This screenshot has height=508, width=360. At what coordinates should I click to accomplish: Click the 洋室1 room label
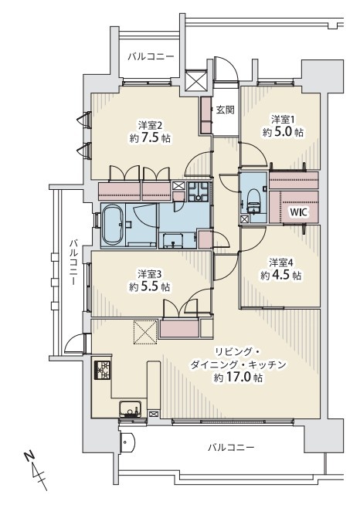click(284, 120)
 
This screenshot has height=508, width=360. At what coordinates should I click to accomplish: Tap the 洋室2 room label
click(150, 125)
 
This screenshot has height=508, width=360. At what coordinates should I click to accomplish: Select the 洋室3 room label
click(150, 274)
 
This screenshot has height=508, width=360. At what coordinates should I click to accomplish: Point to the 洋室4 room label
click(281, 262)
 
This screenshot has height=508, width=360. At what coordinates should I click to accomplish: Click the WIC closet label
click(298, 212)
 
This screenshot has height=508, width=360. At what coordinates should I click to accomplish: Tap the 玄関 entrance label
click(226, 110)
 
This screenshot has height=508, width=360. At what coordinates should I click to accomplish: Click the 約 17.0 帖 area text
click(238, 378)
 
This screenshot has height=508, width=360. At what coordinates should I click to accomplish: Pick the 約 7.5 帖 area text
click(150, 138)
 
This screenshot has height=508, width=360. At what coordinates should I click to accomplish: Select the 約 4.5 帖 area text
click(281, 275)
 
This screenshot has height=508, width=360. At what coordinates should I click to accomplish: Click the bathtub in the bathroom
click(113, 225)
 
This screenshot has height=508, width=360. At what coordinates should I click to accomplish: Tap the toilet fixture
click(253, 202)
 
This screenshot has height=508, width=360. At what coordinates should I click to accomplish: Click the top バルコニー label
click(151, 57)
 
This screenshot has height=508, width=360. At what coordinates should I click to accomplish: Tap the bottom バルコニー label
click(231, 448)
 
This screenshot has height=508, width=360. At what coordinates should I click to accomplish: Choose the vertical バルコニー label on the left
click(75, 262)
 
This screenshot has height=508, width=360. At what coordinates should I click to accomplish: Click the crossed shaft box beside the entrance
click(196, 80)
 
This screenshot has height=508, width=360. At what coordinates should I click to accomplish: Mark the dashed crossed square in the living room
click(145, 332)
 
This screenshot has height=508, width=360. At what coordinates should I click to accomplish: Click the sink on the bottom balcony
click(127, 442)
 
